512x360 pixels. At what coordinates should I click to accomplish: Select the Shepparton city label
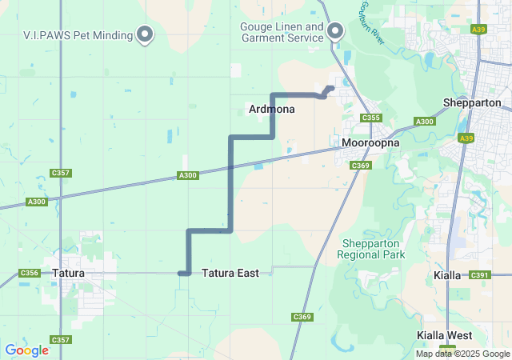pyautogui.click(x=472, y=103)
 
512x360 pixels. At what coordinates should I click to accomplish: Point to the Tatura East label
pyautogui.click(x=230, y=274)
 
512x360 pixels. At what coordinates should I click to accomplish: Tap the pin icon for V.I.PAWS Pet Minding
pyautogui.click(x=145, y=34)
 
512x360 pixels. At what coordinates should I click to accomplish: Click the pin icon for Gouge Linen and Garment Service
pyautogui.click(x=335, y=32)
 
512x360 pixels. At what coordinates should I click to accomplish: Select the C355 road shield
pyautogui.click(x=370, y=118)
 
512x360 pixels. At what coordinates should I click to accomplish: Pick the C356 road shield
pyautogui.click(x=29, y=274)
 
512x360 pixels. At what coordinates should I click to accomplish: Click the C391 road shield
pyautogui.click(x=479, y=275)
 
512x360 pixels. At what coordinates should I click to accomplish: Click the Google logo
pyautogui.click(x=26, y=350)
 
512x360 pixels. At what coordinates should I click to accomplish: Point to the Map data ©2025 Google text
pyautogui.click(x=462, y=354)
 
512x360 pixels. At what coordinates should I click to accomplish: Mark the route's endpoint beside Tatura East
pyautogui.click(x=181, y=274)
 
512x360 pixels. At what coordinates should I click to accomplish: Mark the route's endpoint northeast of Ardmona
pyautogui.click(x=331, y=88)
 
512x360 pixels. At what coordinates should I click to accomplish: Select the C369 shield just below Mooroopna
pyautogui.click(x=361, y=166)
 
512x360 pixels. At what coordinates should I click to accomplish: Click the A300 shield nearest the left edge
pyautogui.click(x=37, y=202)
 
